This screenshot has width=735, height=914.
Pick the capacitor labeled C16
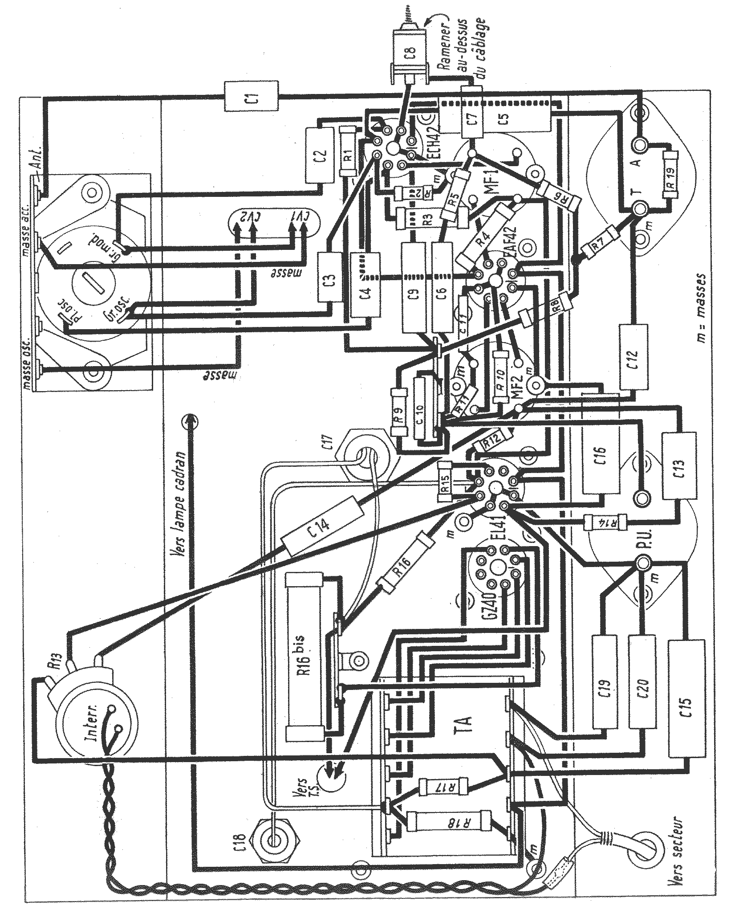coord(602,463)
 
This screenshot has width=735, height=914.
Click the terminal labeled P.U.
coord(642,563)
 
